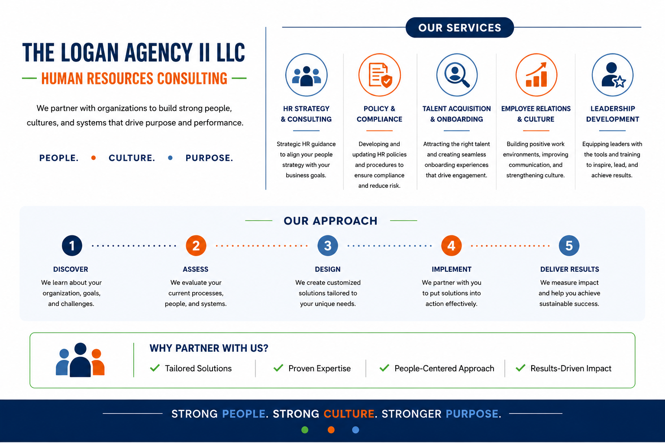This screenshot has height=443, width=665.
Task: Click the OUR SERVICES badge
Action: pyautogui.click(x=459, y=27)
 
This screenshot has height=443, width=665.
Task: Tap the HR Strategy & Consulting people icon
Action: pyautogui.click(x=307, y=75)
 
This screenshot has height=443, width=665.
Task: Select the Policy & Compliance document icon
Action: pyautogui.click(x=379, y=75)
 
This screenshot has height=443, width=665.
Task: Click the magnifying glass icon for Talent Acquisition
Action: pyautogui.click(x=457, y=75)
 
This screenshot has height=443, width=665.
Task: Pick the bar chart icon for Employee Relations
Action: pyautogui.click(x=536, y=75)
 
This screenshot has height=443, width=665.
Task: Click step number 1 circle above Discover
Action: pyautogui.click(x=72, y=245)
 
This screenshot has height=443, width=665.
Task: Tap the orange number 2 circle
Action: pyautogui.click(x=196, y=245)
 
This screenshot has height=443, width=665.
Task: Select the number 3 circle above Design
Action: pyautogui.click(x=328, y=245)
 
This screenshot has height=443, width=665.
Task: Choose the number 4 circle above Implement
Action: pyautogui.click(x=451, y=245)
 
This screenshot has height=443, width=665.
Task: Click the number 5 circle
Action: pyautogui.click(x=569, y=245)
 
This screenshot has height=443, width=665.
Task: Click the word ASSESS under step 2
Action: pyautogui.click(x=195, y=269)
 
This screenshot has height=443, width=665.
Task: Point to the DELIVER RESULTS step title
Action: pyautogui.click(x=569, y=269)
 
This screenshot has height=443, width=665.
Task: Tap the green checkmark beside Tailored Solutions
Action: pyautogui.click(x=155, y=368)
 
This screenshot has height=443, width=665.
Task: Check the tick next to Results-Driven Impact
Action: pyautogui.click(x=520, y=368)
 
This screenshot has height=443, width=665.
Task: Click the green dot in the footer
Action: pyautogui.click(x=305, y=430)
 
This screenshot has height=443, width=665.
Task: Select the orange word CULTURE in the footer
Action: pyautogui.click(x=349, y=414)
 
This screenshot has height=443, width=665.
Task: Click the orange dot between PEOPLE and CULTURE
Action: pyautogui.click(x=94, y=158)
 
